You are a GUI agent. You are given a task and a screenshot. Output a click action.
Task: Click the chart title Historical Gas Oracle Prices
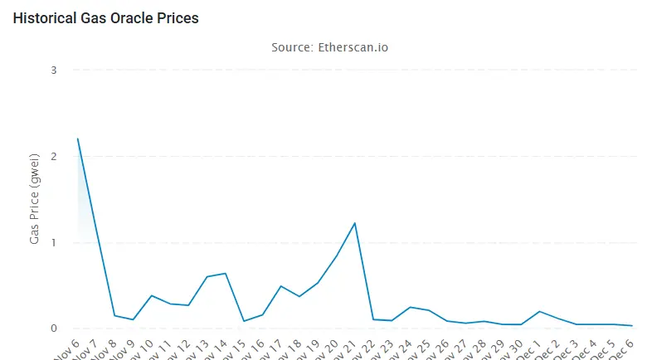click(x=105, y=17)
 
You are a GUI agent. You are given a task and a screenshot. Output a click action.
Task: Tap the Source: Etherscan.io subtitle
click(x=329, y=47)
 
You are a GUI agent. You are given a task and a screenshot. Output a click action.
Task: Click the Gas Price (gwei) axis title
click(x=34, y=199)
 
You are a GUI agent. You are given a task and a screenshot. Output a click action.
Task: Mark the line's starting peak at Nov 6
click(x=77, y=139)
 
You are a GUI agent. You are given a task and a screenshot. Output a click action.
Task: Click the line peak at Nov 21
click(x=355, y=223)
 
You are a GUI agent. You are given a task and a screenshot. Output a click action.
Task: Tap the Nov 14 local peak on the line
click(x=225, y=273)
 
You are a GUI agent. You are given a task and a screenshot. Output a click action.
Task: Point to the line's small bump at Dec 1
click(x=540, y=311)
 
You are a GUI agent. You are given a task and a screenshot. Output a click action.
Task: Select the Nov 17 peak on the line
click(x=280, y=286)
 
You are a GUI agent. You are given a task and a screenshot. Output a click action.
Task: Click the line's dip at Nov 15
click(x=244, y=321)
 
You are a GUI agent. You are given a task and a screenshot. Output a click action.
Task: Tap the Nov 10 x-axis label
click(x=138, y=348)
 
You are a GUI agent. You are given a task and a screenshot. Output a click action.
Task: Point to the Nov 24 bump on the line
click(x=411, y=307)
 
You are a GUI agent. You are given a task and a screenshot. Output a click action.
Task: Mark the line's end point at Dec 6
click(x=632, y=326)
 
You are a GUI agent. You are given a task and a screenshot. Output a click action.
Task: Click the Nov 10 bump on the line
click(x=151, y=295)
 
